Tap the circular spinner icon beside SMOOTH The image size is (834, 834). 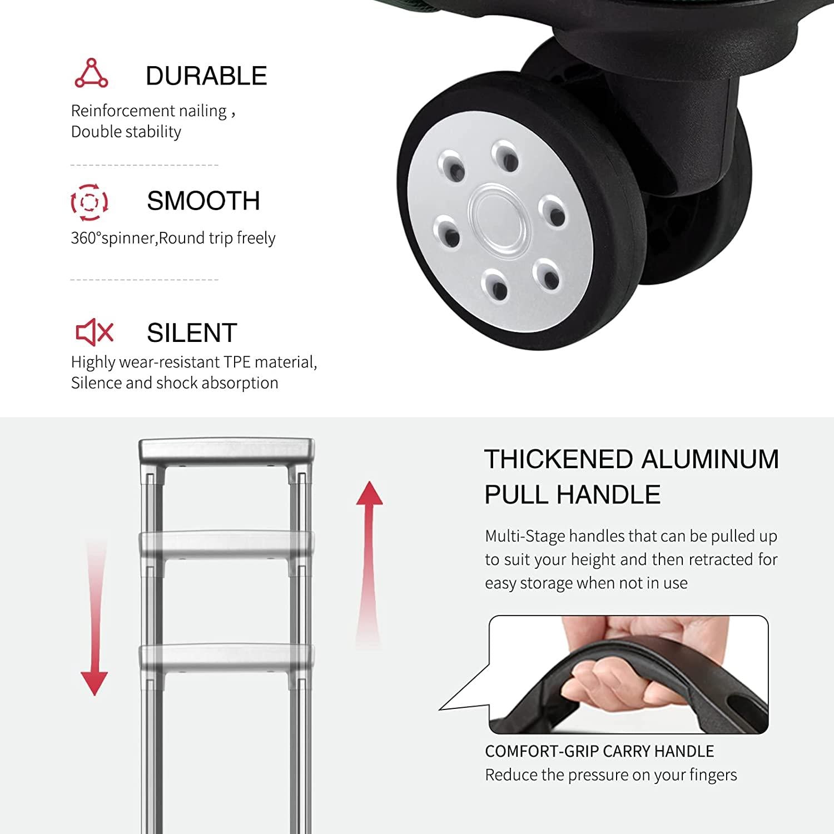90,201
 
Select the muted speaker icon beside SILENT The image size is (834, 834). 94,332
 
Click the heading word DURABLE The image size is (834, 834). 206,76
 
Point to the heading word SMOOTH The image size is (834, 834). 203,201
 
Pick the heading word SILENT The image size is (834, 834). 192,333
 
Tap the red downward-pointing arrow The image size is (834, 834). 95,617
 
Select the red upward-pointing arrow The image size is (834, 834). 369,564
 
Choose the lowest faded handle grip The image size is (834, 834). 226,657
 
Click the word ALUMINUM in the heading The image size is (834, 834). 710,460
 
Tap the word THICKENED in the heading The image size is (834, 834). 559,460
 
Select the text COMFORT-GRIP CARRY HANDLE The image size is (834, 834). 599,751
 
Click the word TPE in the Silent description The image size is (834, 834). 237,362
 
